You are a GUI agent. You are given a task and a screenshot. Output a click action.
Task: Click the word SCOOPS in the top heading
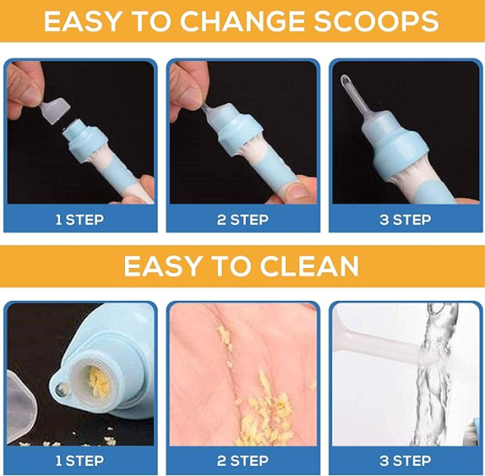376,21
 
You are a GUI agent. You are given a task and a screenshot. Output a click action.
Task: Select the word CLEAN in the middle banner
309,266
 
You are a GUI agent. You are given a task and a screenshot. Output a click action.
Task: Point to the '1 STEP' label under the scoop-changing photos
80,220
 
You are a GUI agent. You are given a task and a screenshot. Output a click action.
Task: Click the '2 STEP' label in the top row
242,220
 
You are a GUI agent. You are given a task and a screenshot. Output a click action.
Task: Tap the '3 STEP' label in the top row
405,220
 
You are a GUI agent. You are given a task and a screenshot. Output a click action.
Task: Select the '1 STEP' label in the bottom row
80,461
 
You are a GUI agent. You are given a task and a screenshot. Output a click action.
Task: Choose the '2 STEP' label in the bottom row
242,461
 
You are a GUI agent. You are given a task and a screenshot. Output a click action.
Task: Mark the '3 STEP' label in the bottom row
405,461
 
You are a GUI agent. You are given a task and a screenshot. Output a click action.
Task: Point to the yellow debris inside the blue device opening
98,381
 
